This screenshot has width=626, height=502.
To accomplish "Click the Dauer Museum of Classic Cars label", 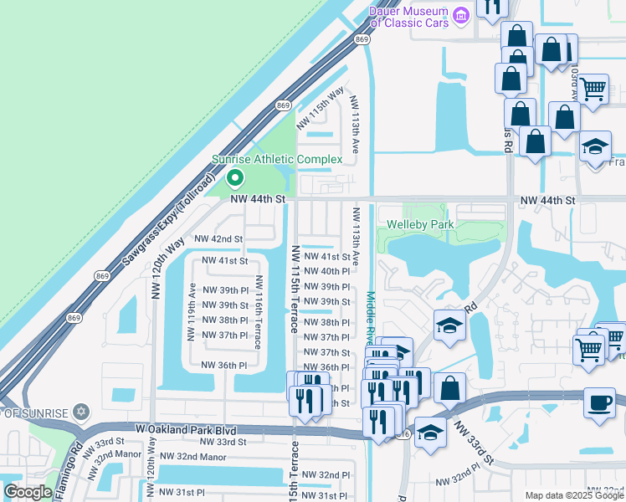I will (x=410, y=16).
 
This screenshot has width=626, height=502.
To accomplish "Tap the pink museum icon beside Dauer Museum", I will (x=460, y=16).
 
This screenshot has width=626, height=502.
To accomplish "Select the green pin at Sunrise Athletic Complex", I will (x=235, y=177).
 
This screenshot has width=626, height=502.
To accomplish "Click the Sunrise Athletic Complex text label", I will (x=276, y=159).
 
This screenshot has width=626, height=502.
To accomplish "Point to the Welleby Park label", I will (x=419, y=224).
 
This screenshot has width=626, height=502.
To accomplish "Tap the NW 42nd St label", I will (x=218, y=238).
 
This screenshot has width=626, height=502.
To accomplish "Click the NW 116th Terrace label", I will (x=259, y=312).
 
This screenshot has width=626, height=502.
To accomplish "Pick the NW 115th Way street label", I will (x=327, y=105).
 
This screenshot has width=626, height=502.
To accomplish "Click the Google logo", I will (x=28, y=492).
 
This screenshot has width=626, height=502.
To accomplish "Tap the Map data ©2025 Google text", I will (x=574, y=495).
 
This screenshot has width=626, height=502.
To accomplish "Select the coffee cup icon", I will (x=599, y=402).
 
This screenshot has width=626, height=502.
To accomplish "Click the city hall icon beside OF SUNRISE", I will (x=80, y=412).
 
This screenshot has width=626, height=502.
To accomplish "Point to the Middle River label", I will (x=370, y=318).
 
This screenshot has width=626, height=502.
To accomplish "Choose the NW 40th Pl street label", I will (x=326, y=271).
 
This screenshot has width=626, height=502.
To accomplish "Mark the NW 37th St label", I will (x=326, y=353).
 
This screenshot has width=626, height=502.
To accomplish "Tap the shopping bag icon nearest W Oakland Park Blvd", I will (x=450, y=387).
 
